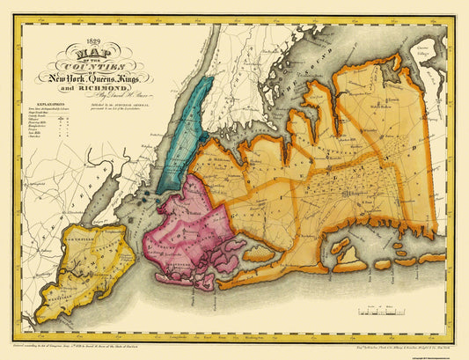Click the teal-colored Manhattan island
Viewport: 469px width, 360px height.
(189, 123)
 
